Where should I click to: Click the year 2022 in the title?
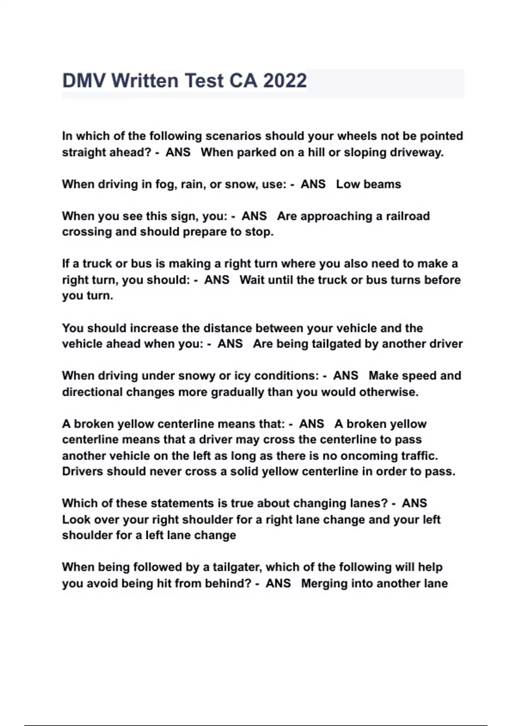(x=285, y=81)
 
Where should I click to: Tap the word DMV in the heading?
(x=84, y=81)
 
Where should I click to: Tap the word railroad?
(x=407, y=216)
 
